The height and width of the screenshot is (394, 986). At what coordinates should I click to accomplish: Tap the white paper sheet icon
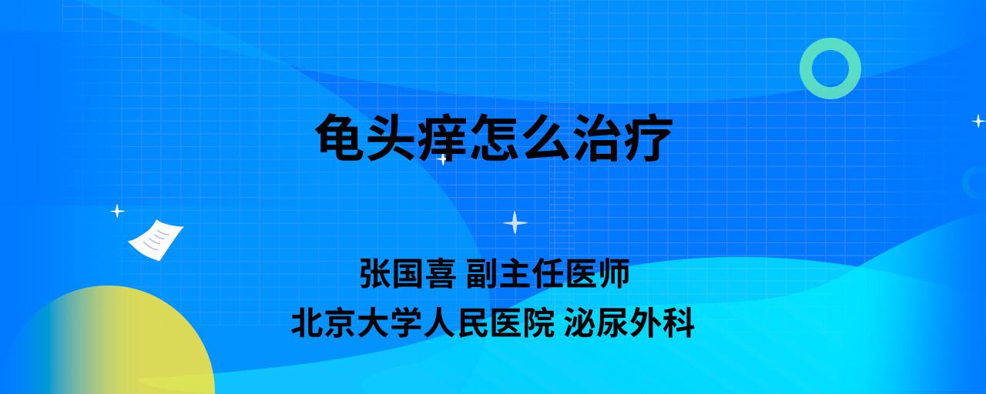pyautogui.click(x=156, y=239)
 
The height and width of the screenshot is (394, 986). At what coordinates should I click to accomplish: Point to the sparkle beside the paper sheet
pyautogui.click(x=117, y=212)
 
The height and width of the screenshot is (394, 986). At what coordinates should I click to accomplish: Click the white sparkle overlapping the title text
pyautogui.click(x=442, y=159)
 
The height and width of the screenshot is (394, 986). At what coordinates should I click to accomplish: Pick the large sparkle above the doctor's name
pyautogui.click(x=515, y=222)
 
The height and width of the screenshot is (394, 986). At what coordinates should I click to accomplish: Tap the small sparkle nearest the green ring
pyautogui.click(x=978, y=121)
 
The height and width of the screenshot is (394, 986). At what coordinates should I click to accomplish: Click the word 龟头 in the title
pyautogui.click(x=365, y=137)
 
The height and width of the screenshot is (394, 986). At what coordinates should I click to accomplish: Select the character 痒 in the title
pyautogui.click(x=442, y=137)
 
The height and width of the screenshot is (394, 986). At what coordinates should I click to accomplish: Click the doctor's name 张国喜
pyautogui.click(x=408, y=273)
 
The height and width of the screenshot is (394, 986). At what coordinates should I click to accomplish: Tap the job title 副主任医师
pyautogui.click(x=548, y=273)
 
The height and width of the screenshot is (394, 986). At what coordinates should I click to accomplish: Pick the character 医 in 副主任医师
pyautogui.click(x=581, y=273)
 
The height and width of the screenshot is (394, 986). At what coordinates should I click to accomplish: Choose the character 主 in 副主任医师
pyautogui.click(x=515, y=273)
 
